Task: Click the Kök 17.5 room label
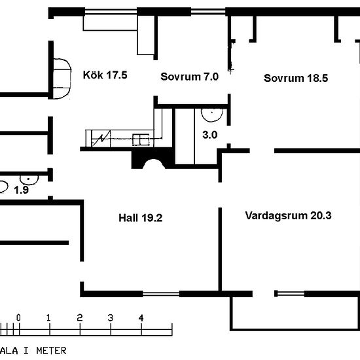point(105,75)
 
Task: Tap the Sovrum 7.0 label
point(189,77)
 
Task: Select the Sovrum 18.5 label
point(296,78)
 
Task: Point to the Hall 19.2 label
point(141,218)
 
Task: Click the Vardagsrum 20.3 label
point(288,215)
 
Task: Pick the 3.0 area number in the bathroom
point(210,135)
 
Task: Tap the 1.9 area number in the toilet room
point(22,190)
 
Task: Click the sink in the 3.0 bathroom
point(212,115)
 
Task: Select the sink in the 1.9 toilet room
point(29,179)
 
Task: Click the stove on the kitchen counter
point(141,140)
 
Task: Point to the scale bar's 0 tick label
point(18,317)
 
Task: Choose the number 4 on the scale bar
point(141,318)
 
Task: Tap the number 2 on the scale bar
point(80,317)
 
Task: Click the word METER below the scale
point(52,351)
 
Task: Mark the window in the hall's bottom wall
point(161,294)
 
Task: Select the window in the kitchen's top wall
point(111,12)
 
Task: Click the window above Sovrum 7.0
point(208,12)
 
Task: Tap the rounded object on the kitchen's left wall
point(62,79)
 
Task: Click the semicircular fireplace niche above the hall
point(154,164)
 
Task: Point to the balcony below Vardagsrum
point(295,314)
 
